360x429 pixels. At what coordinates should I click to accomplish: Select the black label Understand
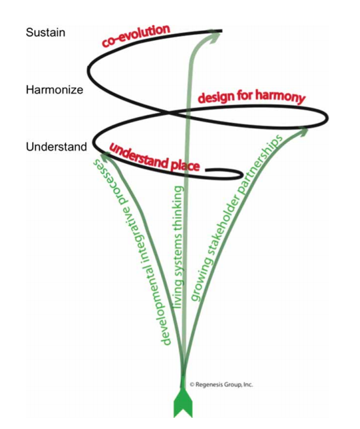(x=56, y=147)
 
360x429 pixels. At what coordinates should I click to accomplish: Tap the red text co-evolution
(x=135, y=35)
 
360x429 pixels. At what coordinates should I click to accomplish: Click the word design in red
(x=215, y=97)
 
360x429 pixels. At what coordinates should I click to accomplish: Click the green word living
(x=177, y=294)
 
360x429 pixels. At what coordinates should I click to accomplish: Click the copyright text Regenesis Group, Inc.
(x=221, y=385)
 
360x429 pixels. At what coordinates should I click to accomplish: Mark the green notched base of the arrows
(x=183, y=405)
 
